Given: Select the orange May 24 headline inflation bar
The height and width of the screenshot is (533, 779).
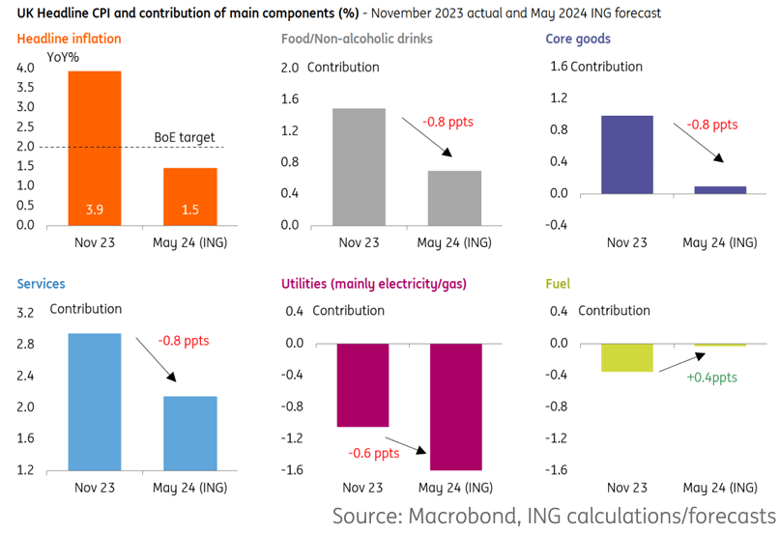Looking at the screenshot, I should click(x=189, y=196).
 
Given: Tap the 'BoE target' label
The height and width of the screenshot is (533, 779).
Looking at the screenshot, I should click(x=185, y=137).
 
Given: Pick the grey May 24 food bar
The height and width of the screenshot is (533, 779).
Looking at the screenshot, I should click(x=454, y=198).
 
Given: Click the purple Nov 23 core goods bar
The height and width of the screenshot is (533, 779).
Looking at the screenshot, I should click(x=627, y=154).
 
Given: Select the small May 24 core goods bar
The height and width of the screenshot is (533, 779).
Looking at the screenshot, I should click(x=720, y=189).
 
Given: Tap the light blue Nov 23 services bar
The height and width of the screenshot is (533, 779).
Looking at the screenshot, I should click(x=94, y=402).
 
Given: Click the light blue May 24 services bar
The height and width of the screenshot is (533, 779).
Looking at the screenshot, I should click(x=189, y=433).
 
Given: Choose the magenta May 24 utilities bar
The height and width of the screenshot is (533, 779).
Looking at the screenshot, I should click(x=455, y=406).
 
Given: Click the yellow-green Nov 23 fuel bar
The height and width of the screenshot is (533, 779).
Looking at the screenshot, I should click(x=627, y=357).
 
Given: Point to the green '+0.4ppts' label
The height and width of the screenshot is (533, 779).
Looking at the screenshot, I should click(x=711, y=378).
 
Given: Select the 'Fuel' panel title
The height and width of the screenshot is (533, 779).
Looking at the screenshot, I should click(x=558, y=284).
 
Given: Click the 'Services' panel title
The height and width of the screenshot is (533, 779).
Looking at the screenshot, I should click(x=41, y=284).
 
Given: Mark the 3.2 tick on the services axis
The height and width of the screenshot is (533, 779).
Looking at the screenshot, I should click(x=26, y=313).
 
